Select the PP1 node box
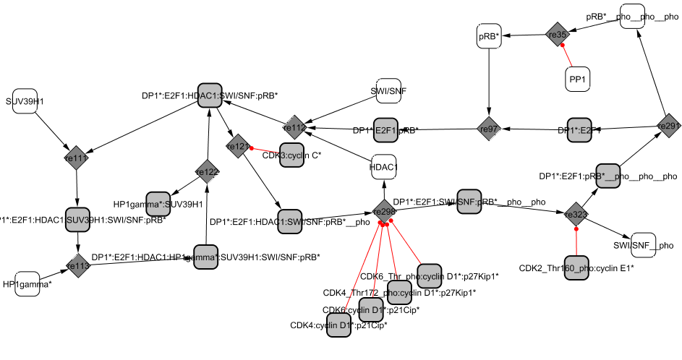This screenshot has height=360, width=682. pyautogui.click(x=578, y=79)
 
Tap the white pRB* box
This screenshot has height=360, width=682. pyautogui.click(x=488, y=35)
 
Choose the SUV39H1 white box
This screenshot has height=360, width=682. pyautogui.click(x=25, y=102)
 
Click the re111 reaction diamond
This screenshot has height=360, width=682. pyautogui.click(x=77, y=156)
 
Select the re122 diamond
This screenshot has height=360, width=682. pyautogui.click(x=207, y=171)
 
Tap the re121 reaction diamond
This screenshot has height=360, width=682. pyautogui.click(x=237, y=147)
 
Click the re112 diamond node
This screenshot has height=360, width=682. pyautogui.click(x=294, y=128)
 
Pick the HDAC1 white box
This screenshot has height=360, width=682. pyautogui.click(x=383, y=168)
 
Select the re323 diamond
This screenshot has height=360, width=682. pyautogui.click(x=576, y=215)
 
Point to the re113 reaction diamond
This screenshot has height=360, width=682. pyautogui.click(x=77, y=265)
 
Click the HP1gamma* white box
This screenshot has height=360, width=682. pyautogui.click(x=27, y=284)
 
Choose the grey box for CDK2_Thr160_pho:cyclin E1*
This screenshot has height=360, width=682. pyautogui.click(x=576, y=267)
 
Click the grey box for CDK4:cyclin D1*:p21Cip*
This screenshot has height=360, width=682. pyautogui.click(x=338, y=325)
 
